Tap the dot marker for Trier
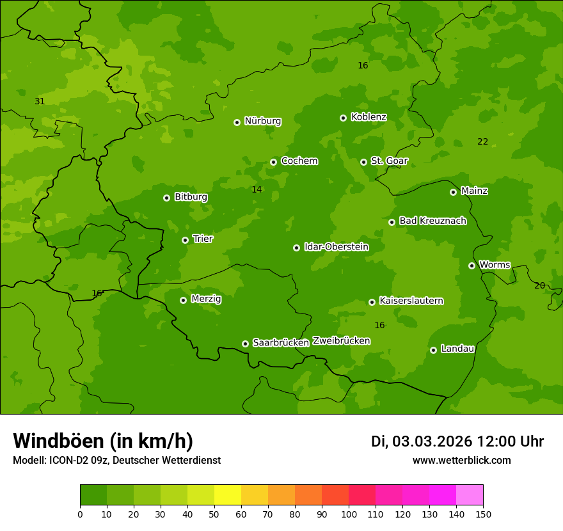[185, 240]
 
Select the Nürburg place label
[262, 121]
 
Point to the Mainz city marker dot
[453, 192]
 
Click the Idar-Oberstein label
[336, 247]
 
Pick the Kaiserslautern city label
[411, 301]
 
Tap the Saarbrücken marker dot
[245, 344]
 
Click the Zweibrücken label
[341, 341]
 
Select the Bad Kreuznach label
[432, 221]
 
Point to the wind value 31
[40, 102]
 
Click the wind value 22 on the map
[482, 142]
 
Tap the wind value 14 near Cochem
[257, 190]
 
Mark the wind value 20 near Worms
[539, 286]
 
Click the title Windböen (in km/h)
[103, 441]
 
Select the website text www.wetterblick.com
[461, 461]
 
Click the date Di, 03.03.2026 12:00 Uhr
[457, 441]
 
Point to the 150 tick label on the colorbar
[483, 514]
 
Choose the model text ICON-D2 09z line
[116, 461]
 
